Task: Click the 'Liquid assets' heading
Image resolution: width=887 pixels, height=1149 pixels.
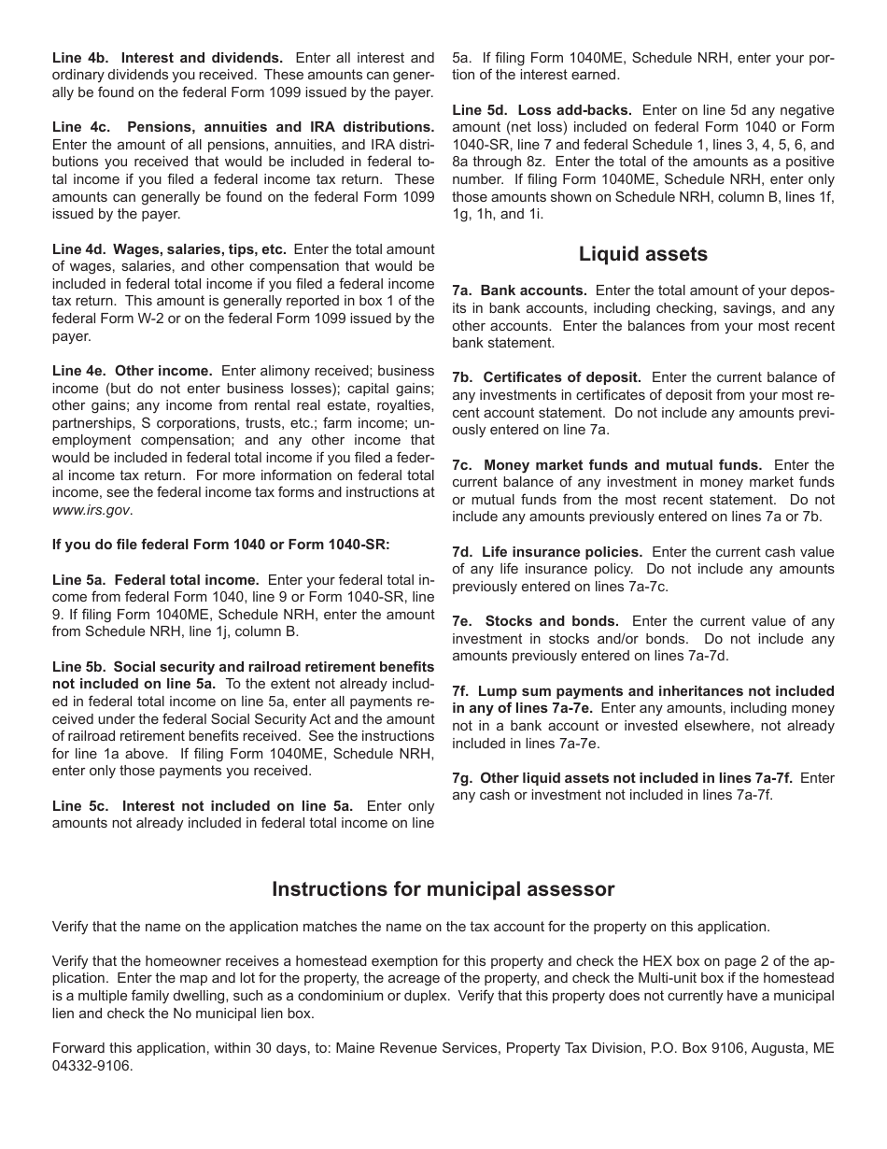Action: point(643,254)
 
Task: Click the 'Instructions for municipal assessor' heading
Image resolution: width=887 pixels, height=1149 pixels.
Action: point(443,889)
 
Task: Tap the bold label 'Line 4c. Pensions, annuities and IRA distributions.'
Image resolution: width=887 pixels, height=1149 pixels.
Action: point(243,127)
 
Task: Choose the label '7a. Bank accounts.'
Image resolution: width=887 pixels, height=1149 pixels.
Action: point(519,291)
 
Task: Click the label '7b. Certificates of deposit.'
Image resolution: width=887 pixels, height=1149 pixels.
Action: point(546,377)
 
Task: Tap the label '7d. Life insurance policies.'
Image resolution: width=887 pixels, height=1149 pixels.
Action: point(547,552)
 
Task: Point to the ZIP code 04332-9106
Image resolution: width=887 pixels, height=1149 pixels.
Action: point(92,1066)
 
